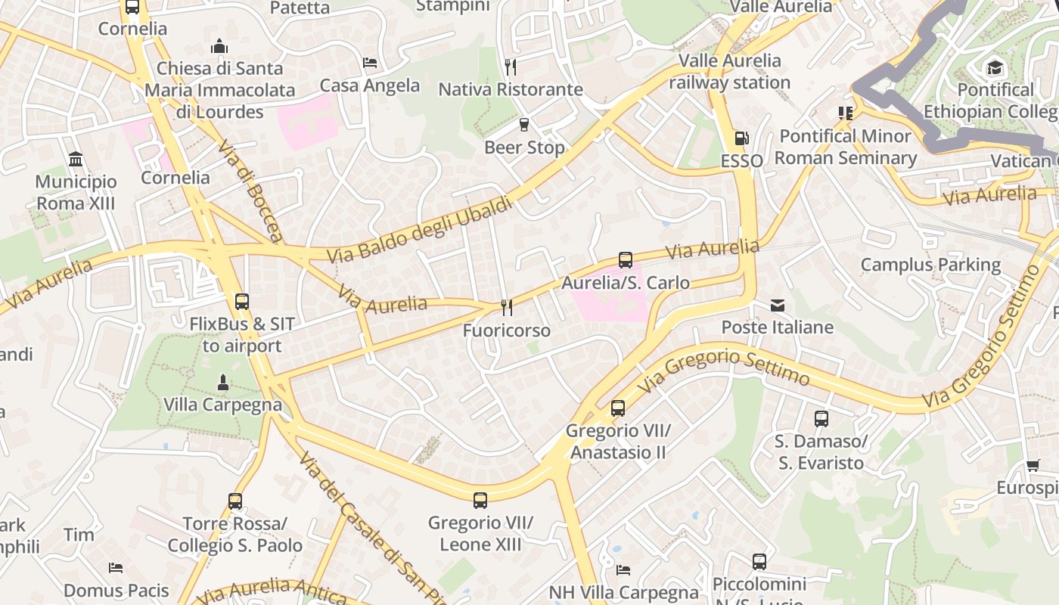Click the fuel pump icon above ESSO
(741, 138)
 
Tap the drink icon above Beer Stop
(523, 124)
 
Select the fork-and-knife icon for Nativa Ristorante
(511, 67)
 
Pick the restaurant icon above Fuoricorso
(507, 307)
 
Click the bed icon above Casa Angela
(370, 62)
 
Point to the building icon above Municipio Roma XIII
(76, 159)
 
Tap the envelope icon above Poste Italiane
(778, 306)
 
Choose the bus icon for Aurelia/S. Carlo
(626, 260)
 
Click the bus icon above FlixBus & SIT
(242, 301)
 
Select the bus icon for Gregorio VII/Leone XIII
(480, 500)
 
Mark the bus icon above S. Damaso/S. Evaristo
(821, 418)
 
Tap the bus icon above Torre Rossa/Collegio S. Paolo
(235, 501)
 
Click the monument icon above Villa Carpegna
(223, 383)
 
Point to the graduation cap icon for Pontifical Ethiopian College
(995, 67)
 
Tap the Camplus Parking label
(930, 265)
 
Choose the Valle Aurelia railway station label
(729, 71)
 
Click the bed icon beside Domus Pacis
(116, 567)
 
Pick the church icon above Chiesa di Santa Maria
(220, 46)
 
